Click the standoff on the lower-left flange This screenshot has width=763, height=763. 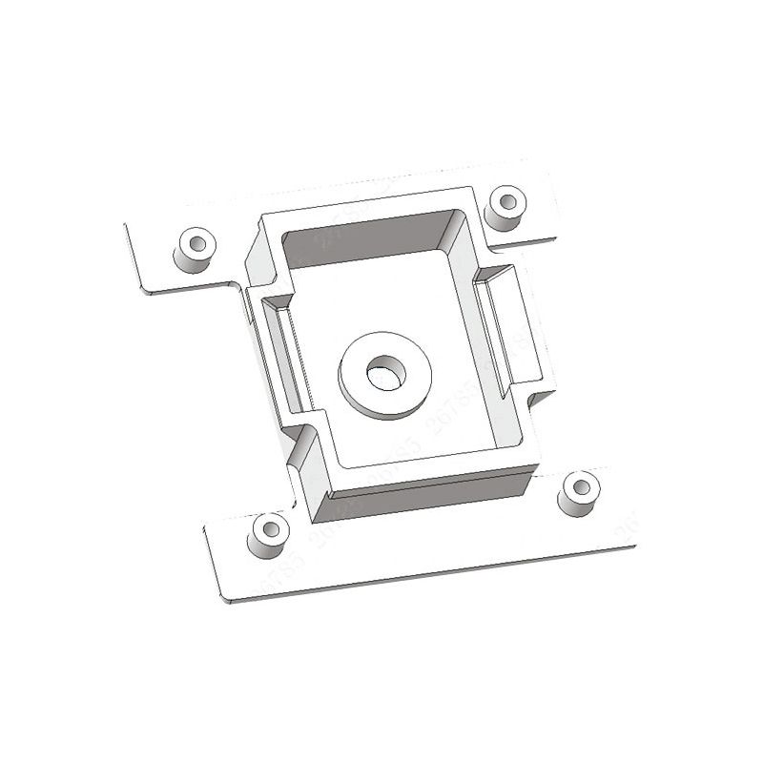(268, 535)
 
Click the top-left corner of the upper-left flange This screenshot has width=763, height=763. (126, 225)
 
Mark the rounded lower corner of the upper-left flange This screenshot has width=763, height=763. (143, 288)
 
